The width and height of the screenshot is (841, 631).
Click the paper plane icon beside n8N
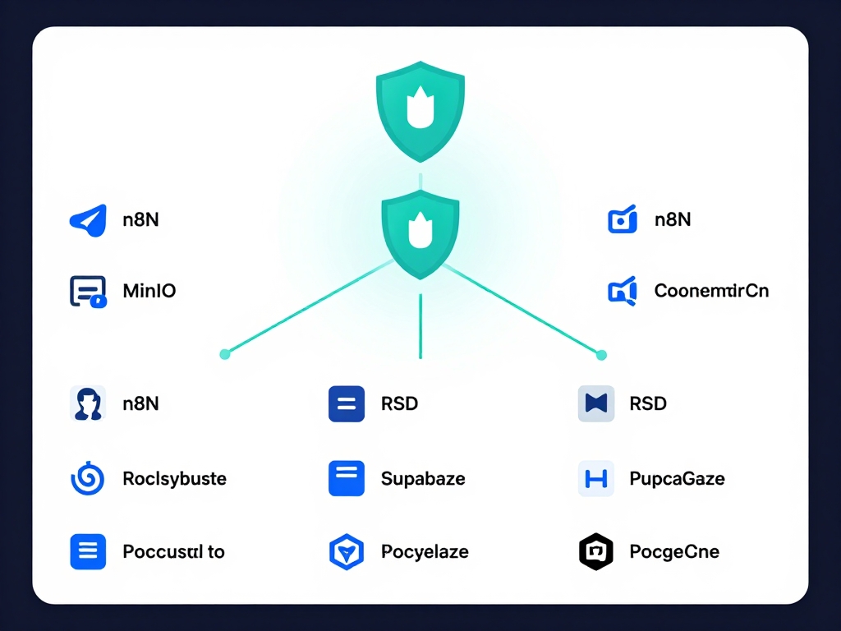coord(89,220)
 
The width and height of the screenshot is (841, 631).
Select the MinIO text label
coord(149,290)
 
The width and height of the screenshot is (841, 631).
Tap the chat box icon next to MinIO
coord(88,292)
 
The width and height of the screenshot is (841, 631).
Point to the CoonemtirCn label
coord(711,290)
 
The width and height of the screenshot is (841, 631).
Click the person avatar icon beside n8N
coord(88,403)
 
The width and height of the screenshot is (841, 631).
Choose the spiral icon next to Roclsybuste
coord(88,478)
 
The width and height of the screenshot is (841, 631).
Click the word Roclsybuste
coord(174,478)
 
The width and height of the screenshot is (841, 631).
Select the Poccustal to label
coord(173,551)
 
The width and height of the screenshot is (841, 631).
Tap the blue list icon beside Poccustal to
coord(88,551)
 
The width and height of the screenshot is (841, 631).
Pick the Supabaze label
coord(423,478)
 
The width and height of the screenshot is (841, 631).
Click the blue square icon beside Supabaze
coord(346,478)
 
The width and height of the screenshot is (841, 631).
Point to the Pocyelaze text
coord(425,551)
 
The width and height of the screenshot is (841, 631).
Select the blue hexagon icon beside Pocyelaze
coord(346,551)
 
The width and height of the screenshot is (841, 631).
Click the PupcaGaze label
coord(677,478)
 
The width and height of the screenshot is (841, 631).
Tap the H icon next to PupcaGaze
coord(596,478)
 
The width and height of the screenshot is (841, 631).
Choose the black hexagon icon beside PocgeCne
coord(596,551)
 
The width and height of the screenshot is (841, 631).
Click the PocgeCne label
coord(674,551)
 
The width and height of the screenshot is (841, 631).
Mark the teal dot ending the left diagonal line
coord(225,354)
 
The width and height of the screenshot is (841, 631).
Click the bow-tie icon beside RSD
coord(596,403)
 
